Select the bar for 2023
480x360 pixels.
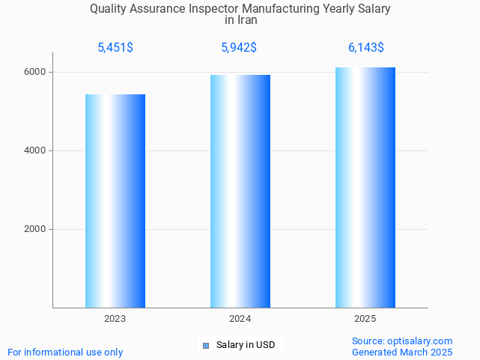pos(115,201)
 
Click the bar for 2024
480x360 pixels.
pos(240,191)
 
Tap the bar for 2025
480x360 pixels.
pos(365,187)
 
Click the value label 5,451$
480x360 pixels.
pos(115,48)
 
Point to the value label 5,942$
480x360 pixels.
pos(240,48)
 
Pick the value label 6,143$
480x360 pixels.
pos(365,48)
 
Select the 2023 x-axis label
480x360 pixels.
pos(115,319)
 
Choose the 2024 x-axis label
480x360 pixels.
pos(240,319)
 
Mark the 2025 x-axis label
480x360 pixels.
pos(365,319)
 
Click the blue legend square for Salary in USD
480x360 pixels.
pos(206,345)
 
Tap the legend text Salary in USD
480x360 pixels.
pos(246,345)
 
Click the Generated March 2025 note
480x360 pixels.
pos(402,352)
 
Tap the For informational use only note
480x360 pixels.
pos(65,352)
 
